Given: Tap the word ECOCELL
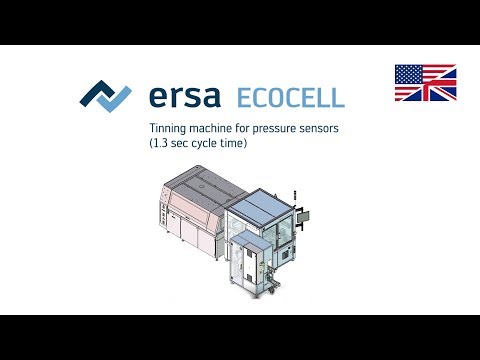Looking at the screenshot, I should pyautogui.click(x=290, y=97).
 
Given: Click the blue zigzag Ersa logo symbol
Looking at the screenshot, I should pyautogui.click(x=105, y=96).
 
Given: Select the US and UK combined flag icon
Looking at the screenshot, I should pyautogui.click(x=425, y=83).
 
